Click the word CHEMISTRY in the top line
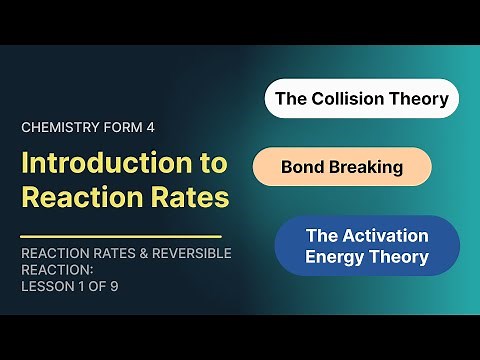click(57, 127)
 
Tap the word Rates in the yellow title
click(185, 197)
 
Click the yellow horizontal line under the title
click(120, 236)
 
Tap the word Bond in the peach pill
click(303, 167)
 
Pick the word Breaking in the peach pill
click(366, 167)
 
